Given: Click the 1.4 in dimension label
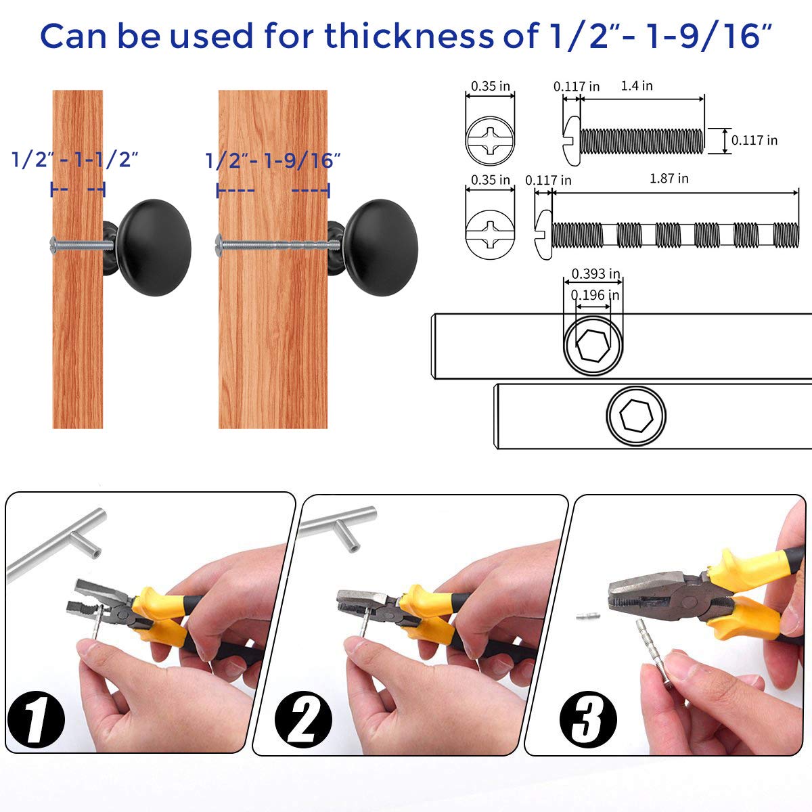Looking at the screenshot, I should [637, 86].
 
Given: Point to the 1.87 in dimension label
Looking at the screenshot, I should [669, 179].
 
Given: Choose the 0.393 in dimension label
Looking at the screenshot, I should [595, 274].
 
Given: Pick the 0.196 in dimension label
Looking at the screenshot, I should [595, 295].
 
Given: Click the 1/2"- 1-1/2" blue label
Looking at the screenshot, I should [75, 160].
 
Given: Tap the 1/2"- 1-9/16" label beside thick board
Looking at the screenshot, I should [273, 160].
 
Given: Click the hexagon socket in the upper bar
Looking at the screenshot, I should [593, 345].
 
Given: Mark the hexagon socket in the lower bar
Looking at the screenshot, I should [635, 415].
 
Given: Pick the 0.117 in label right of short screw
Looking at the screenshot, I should [754, 140].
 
